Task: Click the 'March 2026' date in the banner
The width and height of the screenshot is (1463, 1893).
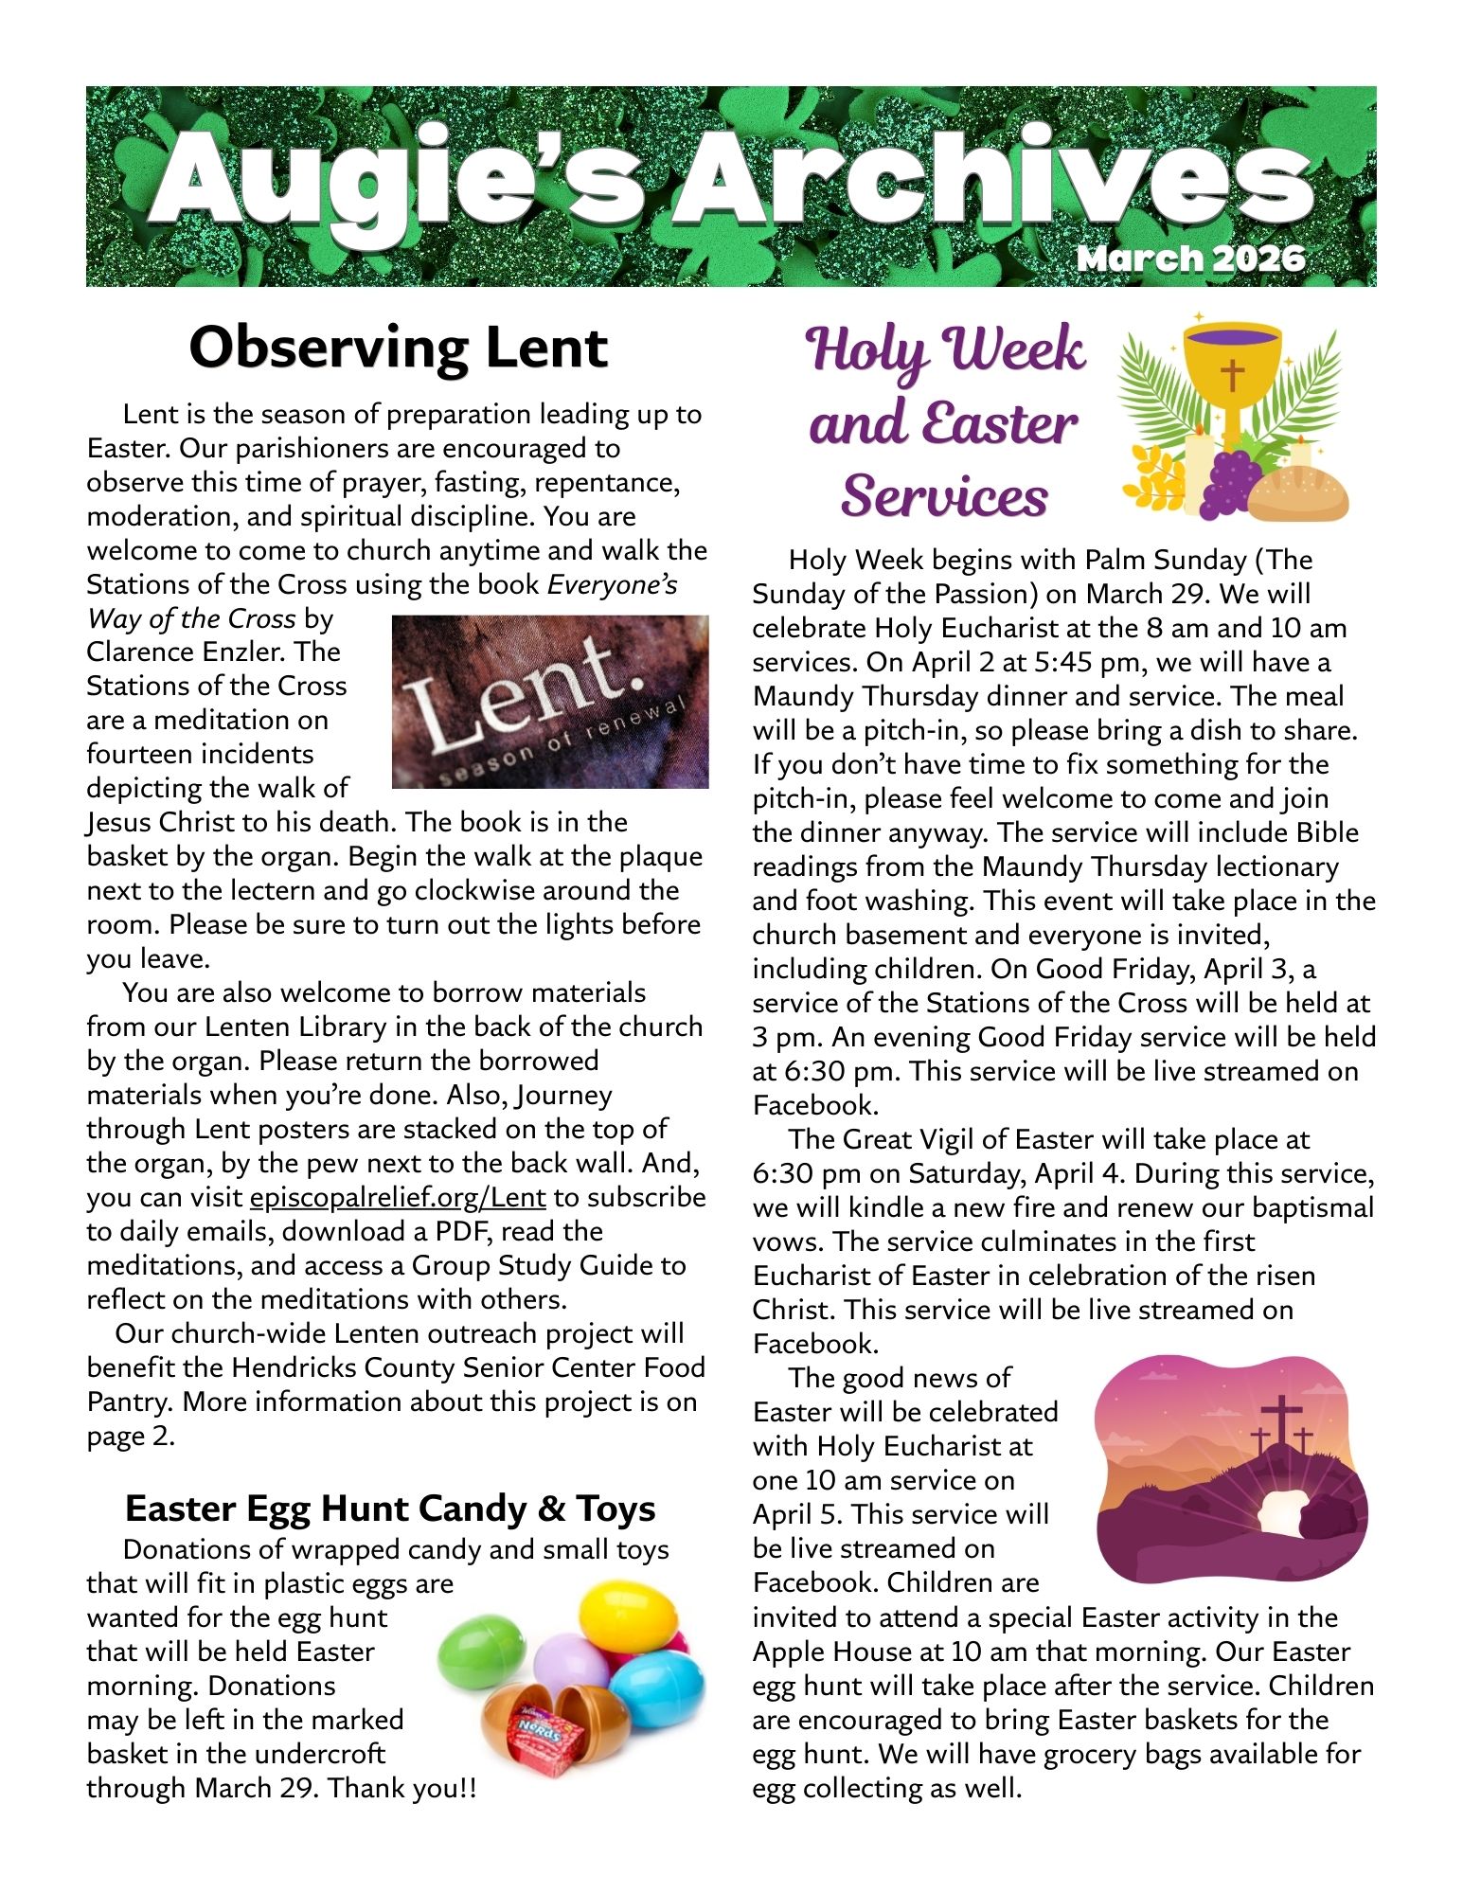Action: coord(1191,259)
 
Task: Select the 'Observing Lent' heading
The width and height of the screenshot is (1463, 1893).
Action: coord(398,348)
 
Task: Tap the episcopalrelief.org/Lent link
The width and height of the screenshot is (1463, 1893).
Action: coord(398,1197)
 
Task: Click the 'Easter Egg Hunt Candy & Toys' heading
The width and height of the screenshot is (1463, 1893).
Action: coord(390,1509)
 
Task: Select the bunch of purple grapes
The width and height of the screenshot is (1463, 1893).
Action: coord(1230,480)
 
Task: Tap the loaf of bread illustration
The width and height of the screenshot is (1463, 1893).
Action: coord(1298,493)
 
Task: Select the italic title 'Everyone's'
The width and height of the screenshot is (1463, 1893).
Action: coord(613,584)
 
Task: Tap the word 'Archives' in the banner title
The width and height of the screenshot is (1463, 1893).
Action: coord(994,182)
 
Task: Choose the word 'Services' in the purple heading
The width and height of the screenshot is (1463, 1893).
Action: coord(945,495)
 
